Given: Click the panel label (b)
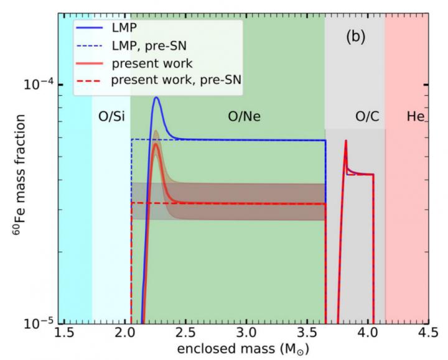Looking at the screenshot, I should pyautogui.click(x=355, y=37).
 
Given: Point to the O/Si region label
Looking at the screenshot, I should pyautogui.click(x=111, y=116).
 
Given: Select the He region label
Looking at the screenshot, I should pyautogui.click(x=414, y=116).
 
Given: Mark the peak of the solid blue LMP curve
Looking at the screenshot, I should pyautogui.click(x=157, y=98).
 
